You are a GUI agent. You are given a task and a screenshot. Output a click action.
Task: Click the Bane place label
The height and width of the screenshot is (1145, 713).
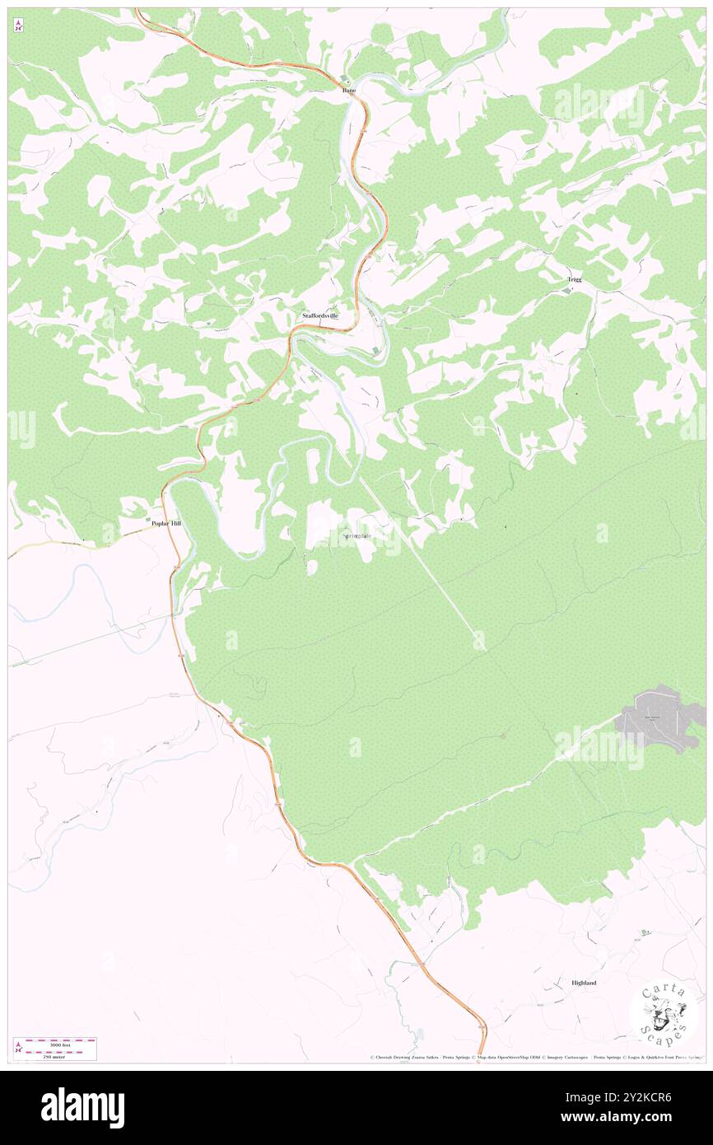[349, 91]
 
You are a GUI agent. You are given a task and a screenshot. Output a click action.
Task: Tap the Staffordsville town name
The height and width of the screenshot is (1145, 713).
[320, 315]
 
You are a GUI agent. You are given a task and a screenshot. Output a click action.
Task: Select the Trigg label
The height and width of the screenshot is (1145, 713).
[574, 279]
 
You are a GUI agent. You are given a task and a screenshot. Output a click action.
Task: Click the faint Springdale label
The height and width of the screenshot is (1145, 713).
[356, 537]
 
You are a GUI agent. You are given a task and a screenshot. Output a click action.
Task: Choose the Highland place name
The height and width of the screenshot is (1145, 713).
[584, 983]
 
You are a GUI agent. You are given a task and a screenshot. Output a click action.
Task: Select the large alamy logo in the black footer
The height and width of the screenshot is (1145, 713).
[82, 1107]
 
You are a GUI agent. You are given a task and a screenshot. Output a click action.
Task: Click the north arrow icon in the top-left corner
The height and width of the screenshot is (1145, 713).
[18, 26]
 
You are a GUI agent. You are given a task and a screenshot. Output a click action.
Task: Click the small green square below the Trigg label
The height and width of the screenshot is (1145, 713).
[566, 290]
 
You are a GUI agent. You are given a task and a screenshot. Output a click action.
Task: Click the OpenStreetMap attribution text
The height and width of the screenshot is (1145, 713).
[511, 1058]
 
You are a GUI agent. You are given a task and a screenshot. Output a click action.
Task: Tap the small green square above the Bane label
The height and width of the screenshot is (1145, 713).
[346, 79]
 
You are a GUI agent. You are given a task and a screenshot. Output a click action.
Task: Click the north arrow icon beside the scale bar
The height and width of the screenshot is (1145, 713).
[18, 1049]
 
